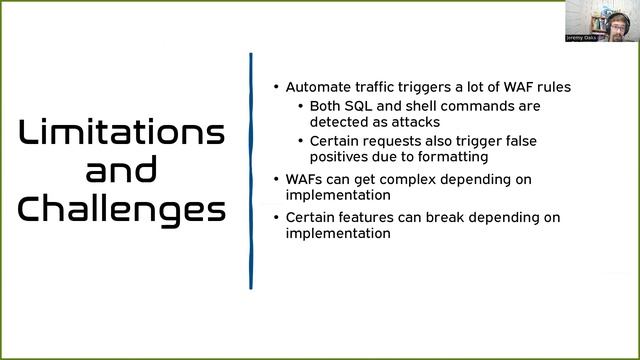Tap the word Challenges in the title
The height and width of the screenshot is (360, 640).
click(x=122, y=209)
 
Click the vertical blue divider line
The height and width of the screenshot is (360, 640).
click(x=250, y=170)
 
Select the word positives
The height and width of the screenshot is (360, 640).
click(x=340, y=157)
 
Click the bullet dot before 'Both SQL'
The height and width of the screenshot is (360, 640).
click(x=301, y=106)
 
